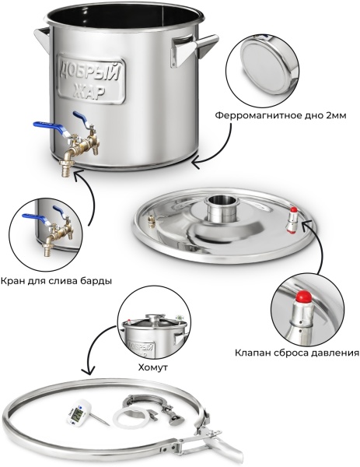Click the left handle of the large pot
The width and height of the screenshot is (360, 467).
click(42, 37)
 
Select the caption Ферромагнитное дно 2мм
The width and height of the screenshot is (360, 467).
click(281, 115)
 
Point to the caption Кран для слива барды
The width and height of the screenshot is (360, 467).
click(56, 281)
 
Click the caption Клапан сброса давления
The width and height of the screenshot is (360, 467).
click(297, 353)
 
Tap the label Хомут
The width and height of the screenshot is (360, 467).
click(153, 367)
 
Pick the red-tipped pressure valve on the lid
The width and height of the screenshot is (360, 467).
click(292, 219)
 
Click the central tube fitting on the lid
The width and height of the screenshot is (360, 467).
click(218, 208)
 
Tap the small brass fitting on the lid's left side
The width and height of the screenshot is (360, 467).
click(151, 221)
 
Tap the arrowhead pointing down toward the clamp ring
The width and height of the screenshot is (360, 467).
click(88, 370)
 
